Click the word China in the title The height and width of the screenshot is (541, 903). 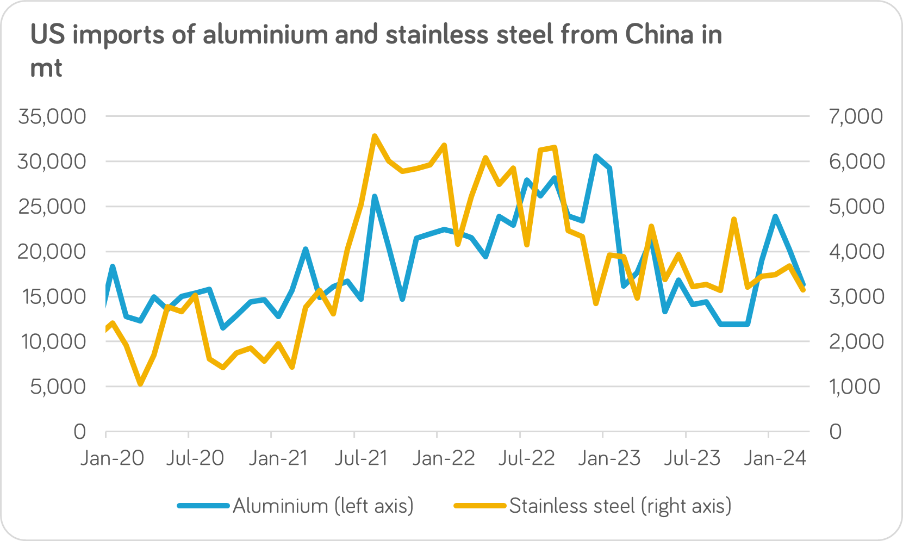659,35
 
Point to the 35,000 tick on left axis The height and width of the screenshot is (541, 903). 52,116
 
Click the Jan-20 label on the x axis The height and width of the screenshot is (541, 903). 112,458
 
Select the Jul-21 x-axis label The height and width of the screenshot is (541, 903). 361,458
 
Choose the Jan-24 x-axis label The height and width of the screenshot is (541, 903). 775,458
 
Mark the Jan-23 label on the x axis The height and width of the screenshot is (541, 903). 609,458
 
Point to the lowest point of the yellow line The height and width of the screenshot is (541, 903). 140,384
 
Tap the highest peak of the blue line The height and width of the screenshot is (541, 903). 596,156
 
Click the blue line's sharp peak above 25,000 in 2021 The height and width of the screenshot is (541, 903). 375,196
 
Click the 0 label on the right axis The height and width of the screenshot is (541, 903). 835,432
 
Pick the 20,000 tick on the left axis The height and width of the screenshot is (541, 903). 52,252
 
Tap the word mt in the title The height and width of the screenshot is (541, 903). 46,69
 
